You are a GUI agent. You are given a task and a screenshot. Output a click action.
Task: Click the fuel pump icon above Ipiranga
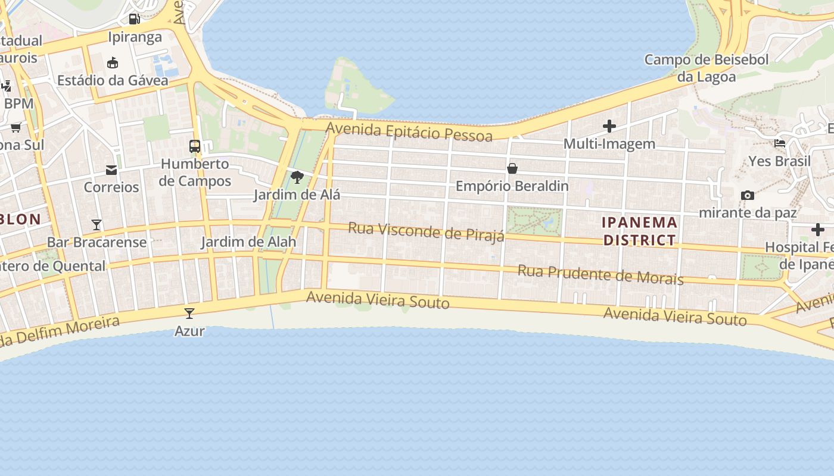pyautogui.click(x=135, y=18)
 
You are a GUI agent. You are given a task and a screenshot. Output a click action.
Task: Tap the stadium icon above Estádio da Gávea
pyautogui.click(x=113, y=62)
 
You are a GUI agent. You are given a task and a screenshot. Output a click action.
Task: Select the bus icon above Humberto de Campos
pyautogui.click(x=195, y=146)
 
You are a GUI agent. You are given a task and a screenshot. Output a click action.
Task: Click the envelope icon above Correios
pyautogui.click(x=111, y=170)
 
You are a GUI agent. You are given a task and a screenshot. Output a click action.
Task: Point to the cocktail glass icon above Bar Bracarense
pyautogui.click(x=97, y=224)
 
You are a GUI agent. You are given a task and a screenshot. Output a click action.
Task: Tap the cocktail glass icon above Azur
pyautogui.click(x=189, y=313)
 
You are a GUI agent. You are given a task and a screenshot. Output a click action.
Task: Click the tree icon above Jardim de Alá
pyautogui.click(x=297, y=177)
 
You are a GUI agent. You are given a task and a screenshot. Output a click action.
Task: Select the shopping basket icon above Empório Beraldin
pyautogui.click(x=512, y=168)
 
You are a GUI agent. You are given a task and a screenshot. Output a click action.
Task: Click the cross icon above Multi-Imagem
pyautogui.click(x=609, y=126)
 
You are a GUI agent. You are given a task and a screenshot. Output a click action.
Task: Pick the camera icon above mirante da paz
pyautogui.click(x=747, y=195)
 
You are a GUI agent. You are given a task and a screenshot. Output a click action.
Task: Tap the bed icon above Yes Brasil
pyautogui.click(x=779, y=143)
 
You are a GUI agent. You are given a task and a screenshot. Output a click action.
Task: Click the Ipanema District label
pyautogui.click(x=640, y=231)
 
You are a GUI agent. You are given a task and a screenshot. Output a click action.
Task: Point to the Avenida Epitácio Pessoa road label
pyautogui.click(x=409, y=131)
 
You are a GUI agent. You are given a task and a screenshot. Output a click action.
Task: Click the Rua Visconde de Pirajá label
pyautogui.click(x=426, y=231)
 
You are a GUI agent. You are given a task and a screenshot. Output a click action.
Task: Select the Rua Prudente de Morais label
pyautogui.click(x=600, y=274)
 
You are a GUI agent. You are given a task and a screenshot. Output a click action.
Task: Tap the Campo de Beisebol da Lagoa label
pyautogui.click(x=707, y=68)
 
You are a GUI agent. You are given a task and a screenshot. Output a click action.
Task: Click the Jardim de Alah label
pyautogui.click(x=248, y=242)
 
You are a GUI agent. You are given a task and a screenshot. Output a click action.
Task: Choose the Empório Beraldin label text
pyautogui.click(x=512, y=186)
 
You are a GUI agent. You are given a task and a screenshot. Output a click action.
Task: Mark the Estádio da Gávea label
pyautogui.click(x=113, y=80)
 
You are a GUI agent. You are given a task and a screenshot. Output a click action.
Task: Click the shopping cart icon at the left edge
pyautogui.click(x=16, y=127)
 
